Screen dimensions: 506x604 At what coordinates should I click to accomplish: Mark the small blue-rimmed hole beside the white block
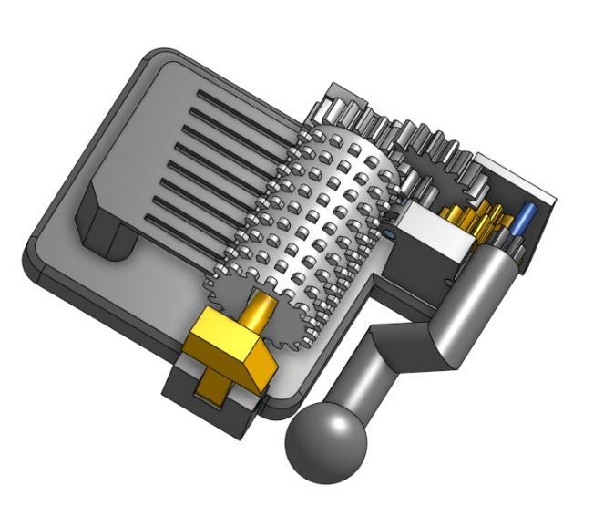(x=390, y=234)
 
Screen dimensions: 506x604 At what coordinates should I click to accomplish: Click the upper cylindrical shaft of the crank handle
(x=483, y=292)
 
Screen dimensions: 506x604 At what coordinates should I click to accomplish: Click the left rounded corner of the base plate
(x=33, y=264)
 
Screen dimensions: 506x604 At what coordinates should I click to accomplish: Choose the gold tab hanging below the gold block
(x=213, y=383)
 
